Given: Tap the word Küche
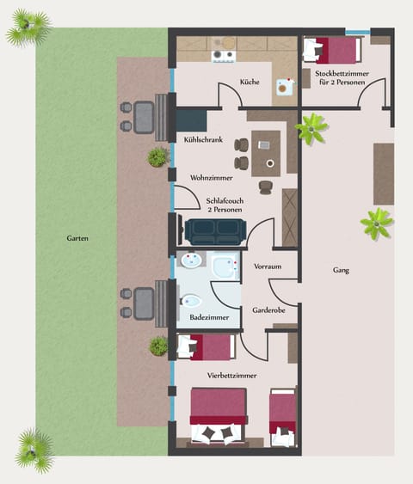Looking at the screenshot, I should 250,83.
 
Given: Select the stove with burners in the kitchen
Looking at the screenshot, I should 224,56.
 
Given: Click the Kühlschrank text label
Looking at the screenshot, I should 204,138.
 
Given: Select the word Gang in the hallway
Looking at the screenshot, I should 341,270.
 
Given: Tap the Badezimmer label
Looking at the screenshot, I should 209,317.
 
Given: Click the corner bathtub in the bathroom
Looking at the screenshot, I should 226,267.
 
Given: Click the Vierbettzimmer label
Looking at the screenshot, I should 232,375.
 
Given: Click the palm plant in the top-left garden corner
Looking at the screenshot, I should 28,28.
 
